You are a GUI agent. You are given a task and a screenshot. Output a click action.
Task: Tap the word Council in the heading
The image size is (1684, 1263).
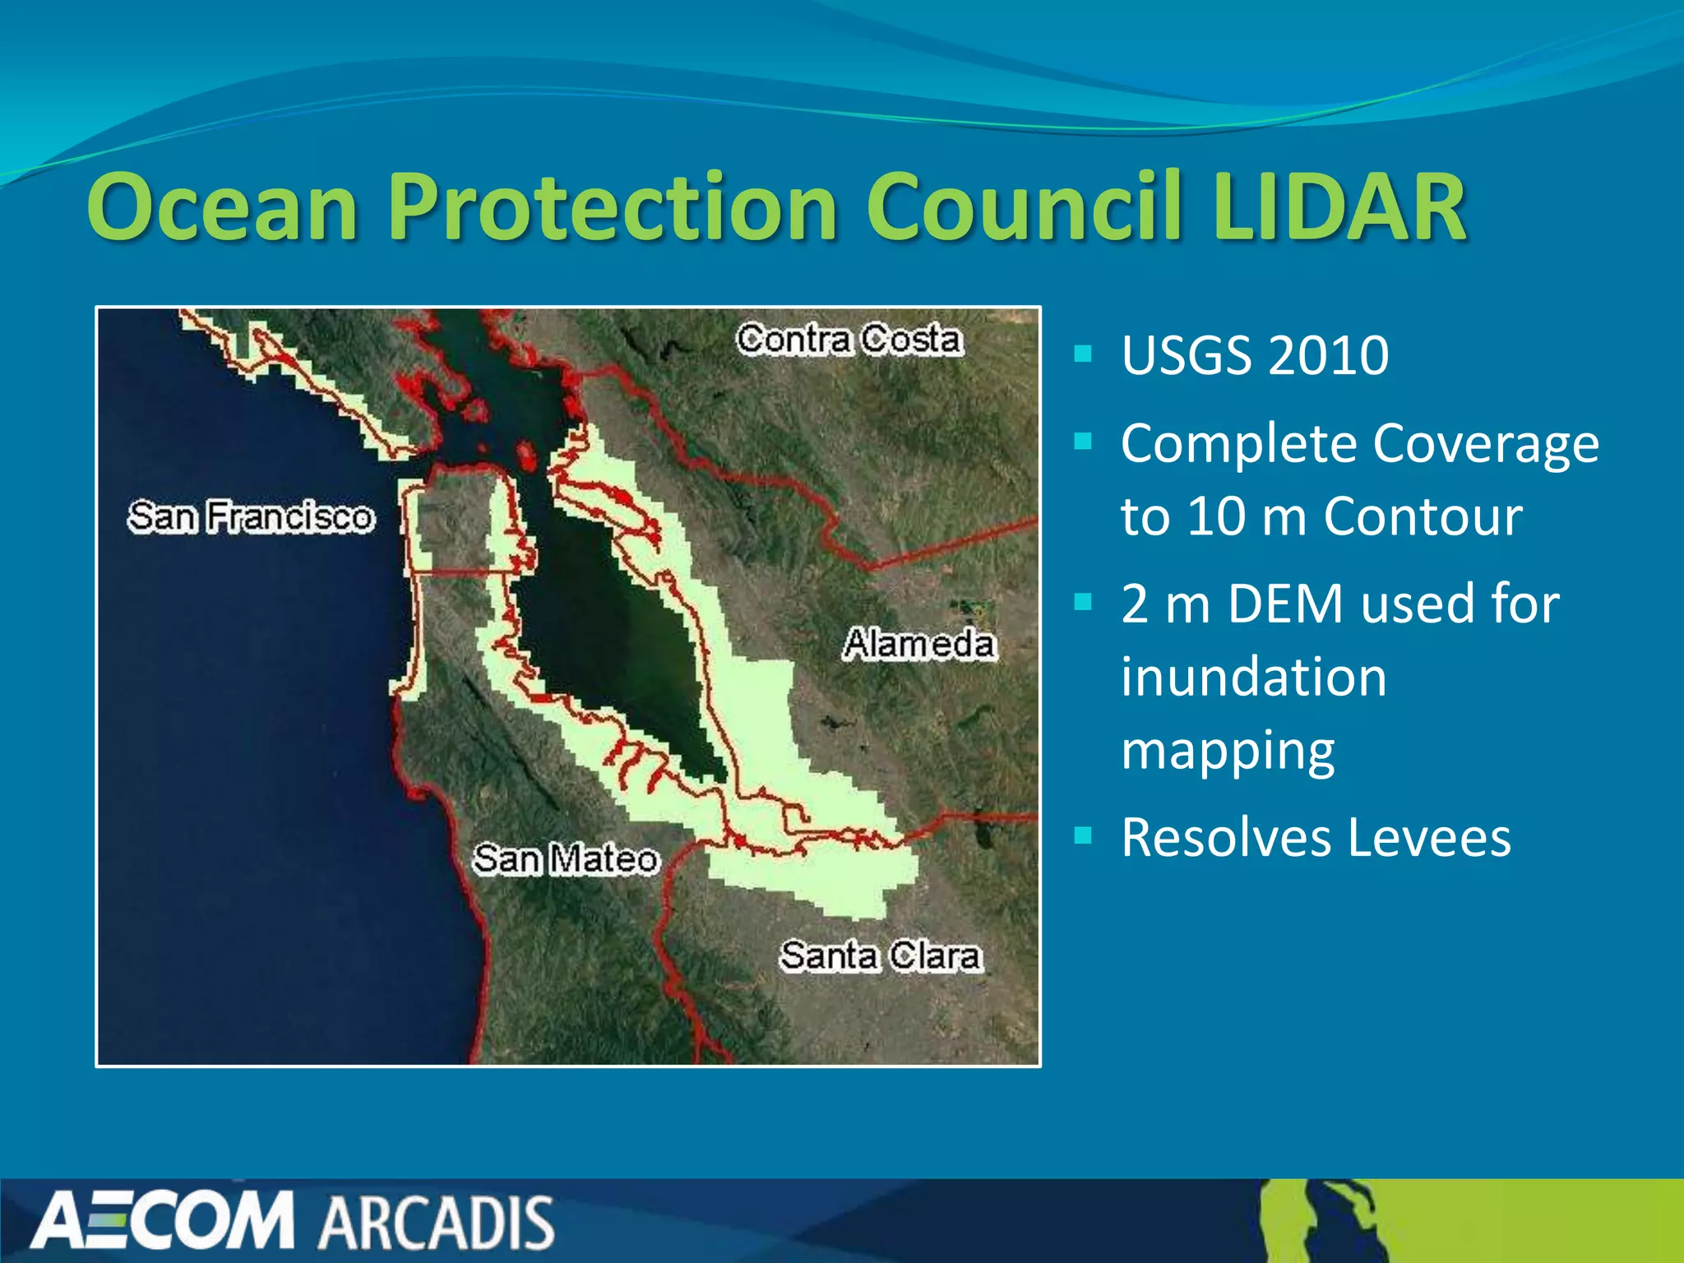point(1025,207)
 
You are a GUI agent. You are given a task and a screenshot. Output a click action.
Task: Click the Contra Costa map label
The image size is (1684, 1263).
point(849,340)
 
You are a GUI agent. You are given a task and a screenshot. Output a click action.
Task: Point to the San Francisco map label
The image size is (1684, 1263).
point(251,517)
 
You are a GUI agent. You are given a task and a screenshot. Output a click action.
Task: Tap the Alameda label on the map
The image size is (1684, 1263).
point(919,644)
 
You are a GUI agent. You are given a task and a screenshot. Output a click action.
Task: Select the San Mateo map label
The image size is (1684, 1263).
point(566,859)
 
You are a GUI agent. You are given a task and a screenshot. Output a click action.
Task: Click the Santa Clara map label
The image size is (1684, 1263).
point(881,956)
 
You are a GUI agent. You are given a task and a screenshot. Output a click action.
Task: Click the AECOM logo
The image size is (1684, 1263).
point(162,1220)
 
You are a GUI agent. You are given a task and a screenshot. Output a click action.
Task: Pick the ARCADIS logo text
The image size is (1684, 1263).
point(437,1223)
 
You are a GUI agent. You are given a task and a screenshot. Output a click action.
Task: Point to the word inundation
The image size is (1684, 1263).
point(1254,678)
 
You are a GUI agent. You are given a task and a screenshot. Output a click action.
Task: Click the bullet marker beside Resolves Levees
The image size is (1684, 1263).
point(1083,836)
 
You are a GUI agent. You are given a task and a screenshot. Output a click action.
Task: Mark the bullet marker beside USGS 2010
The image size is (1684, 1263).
point(1083,354)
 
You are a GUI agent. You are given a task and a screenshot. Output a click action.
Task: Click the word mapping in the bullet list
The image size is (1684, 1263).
point(1228,751)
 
